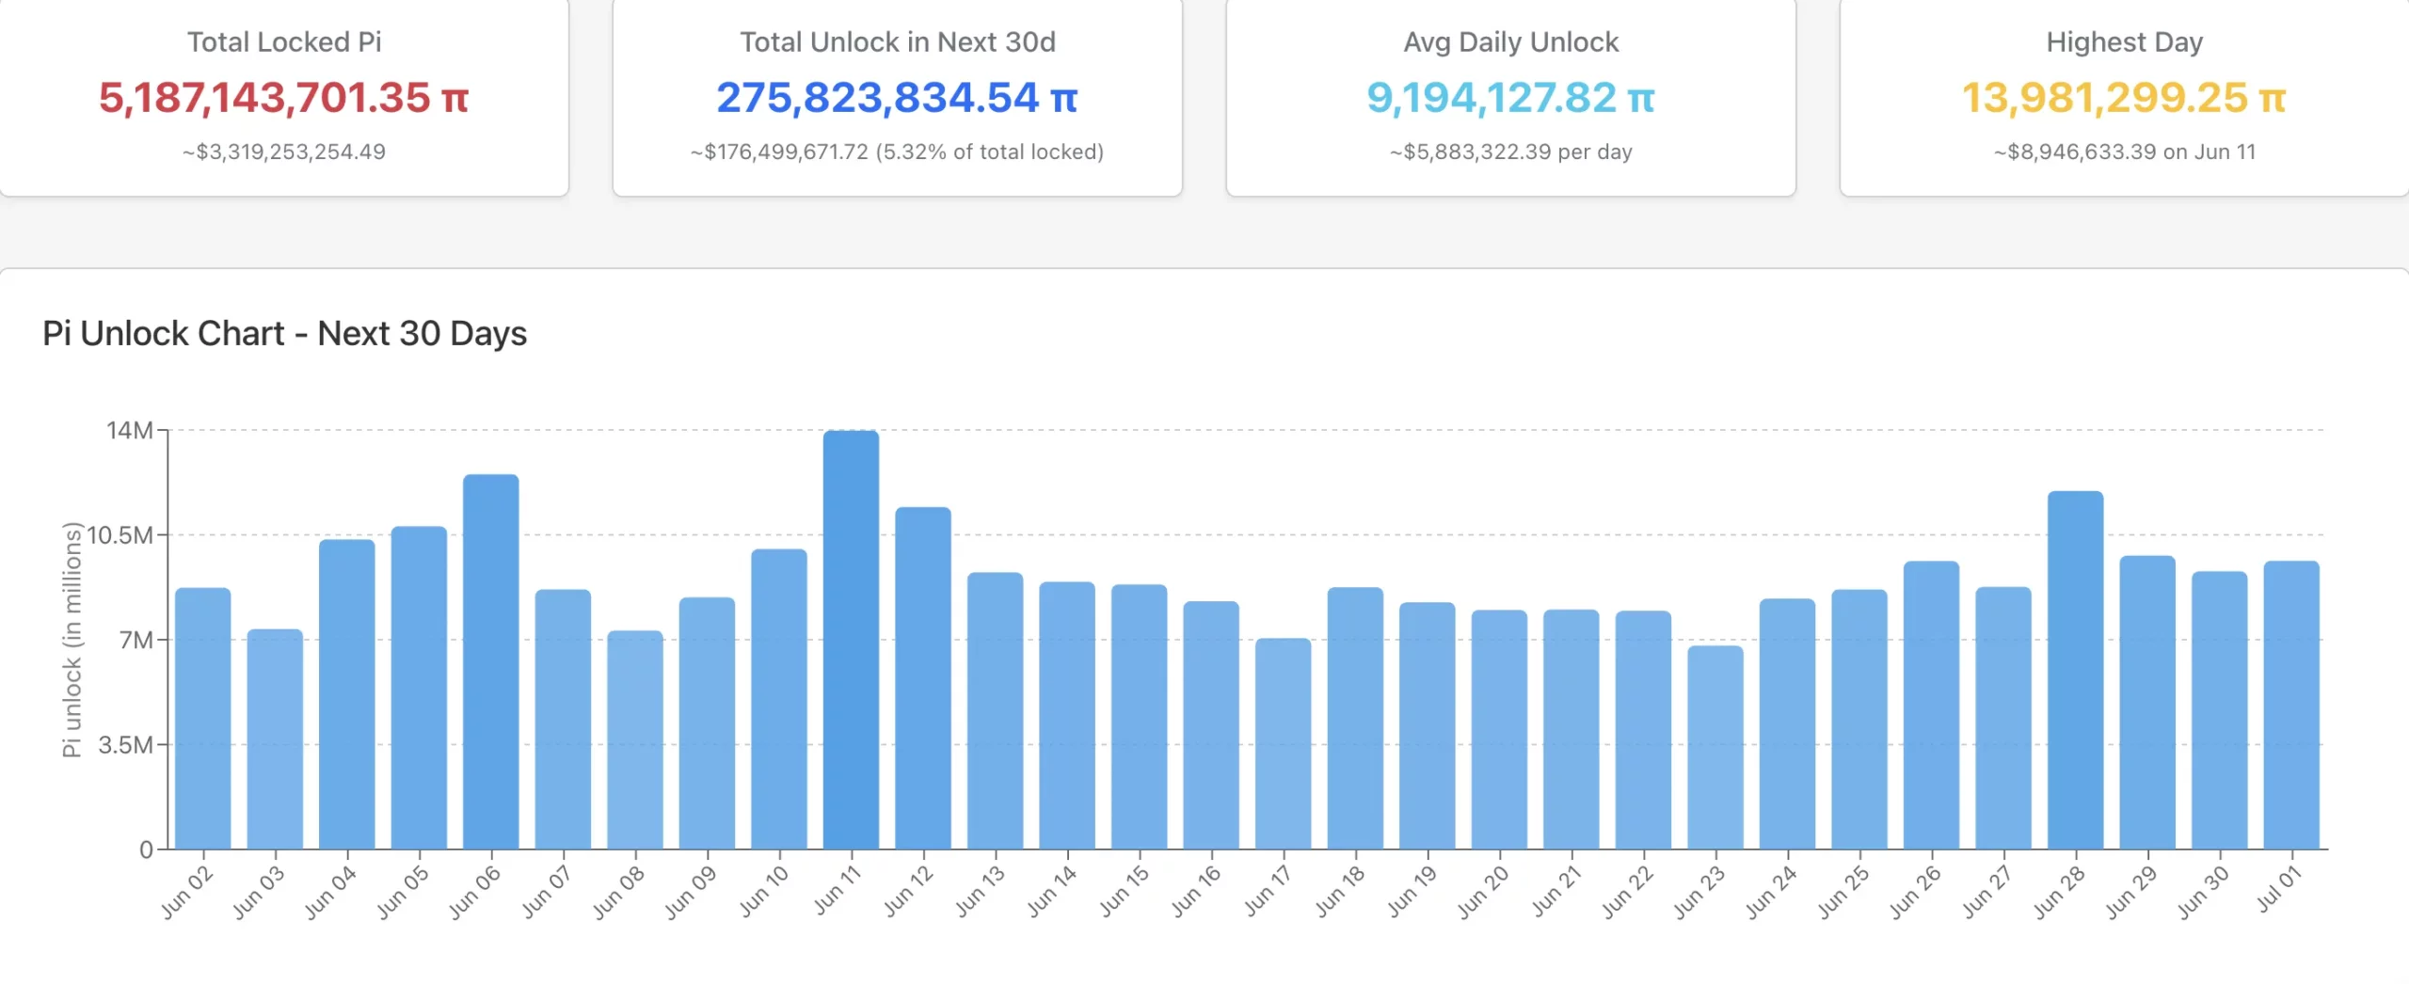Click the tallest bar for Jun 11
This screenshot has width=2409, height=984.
coord(851,640)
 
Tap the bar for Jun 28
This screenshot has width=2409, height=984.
coord(2075,670)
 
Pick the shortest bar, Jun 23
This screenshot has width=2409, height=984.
coord(1715,747)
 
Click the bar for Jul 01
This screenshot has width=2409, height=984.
coord(2291,705)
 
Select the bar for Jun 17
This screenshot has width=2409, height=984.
coord(1283,743)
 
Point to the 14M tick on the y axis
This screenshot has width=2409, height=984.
coord(130,431)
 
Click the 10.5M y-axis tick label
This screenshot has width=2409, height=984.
coord(120,535)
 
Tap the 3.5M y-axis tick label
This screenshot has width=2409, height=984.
coord(126,745)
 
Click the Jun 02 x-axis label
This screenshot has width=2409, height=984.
coord(187,892)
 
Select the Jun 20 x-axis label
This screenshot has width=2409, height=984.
coord(1484,892)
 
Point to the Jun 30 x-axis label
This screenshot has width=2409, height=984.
coord(2204,892)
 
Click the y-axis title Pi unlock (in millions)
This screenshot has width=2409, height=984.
coord(72,640)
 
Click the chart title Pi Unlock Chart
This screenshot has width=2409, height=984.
coord(284,333)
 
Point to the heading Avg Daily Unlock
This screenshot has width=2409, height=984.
coord(1510,42)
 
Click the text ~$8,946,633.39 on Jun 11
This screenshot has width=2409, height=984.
coord(2124,151)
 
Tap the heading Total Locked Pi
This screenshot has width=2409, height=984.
coord(283,42)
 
